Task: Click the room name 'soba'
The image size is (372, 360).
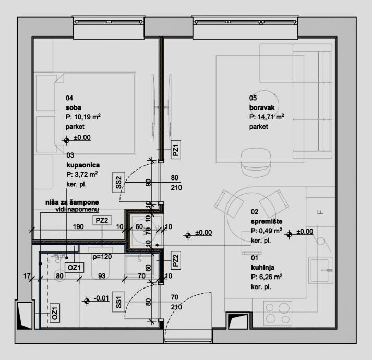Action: (72, 107)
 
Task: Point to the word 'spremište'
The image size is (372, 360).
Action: (266, 221)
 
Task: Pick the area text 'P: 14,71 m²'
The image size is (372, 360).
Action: (267, 117)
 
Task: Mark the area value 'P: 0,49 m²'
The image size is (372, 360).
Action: (267, 231)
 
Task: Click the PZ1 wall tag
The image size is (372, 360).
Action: (176, 151)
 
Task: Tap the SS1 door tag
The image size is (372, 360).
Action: (119, 303)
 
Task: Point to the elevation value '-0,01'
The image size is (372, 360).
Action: (100, 298)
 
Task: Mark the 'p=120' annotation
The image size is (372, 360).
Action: (102, 258)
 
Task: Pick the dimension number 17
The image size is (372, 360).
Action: (27, 275)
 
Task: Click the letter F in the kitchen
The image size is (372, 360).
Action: (320, 211)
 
